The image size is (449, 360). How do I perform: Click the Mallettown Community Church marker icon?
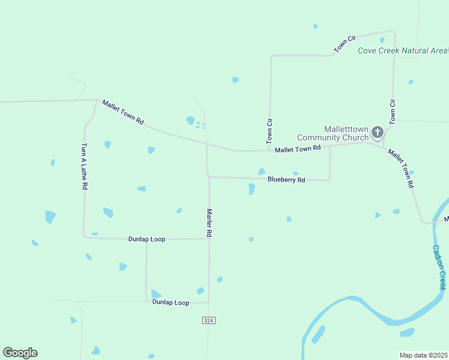coord(377,132)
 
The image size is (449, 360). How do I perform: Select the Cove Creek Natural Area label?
coord(402,50)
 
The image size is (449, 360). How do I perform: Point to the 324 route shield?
coord(208,321)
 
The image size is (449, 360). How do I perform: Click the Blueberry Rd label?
coord(286,179)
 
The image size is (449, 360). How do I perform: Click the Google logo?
coord(20,353)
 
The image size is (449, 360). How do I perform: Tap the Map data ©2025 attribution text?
coord(423,355)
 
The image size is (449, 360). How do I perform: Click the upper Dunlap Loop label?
coord(146,239)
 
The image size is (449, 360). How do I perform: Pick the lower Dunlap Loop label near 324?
coord(170,302)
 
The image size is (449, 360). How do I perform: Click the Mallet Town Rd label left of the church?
coord(298,148)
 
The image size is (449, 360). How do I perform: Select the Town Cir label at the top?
coord(342,46)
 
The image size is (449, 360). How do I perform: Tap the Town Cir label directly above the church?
coord(393,112)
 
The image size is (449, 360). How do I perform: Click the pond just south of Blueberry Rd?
coord(252,189)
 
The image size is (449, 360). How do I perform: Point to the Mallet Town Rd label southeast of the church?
coord(401,169)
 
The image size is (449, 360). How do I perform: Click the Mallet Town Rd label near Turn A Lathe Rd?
coord(123,112)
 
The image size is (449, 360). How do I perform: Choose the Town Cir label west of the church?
coord(270,130)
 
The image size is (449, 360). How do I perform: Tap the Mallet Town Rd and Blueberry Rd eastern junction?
coord(330,146)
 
